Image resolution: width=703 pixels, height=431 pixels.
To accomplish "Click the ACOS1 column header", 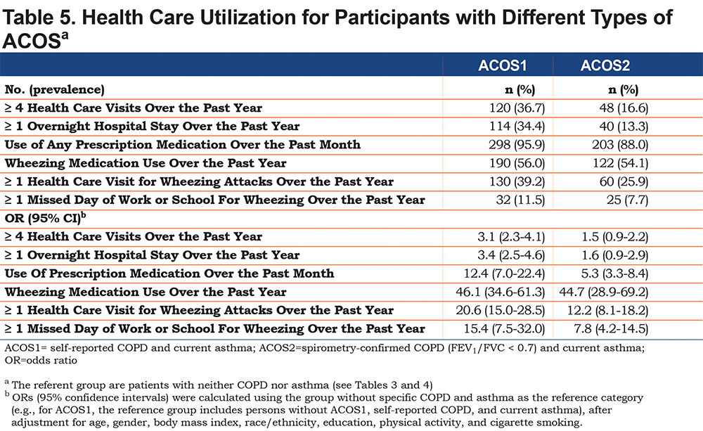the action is pyautogui.click(x=502, y=65).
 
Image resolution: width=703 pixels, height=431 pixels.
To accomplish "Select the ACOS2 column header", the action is pyautogui.click(x=605, y=65).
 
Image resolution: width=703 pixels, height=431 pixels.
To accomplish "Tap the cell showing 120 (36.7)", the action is pyautogui.click(x=517, y=108).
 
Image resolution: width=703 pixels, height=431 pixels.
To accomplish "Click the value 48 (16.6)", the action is pyautogui.click(x=624, y=108).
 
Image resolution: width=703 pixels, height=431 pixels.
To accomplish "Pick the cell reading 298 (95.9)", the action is pyautogui.click(x=517, y=145).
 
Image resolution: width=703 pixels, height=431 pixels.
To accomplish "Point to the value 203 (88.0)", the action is pyautogui.click(x=620, y=145).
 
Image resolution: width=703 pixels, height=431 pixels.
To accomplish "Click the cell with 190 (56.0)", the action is pyautogui.click(x=517, y=163).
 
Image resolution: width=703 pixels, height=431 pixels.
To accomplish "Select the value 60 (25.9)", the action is pyautogui.click(x=624, y=181).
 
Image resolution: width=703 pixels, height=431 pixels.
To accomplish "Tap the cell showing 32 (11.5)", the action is pyautogui.click(x=520, y=200).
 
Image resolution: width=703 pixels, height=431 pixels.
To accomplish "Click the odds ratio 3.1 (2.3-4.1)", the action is pyautogui.click(x=511, y=237).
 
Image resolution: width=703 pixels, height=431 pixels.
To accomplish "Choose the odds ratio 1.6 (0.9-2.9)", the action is pyautogui.click(x=615, y=255).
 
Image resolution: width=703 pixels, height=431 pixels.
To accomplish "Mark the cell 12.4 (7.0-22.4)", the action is pyautogui.click(x=504, y=274).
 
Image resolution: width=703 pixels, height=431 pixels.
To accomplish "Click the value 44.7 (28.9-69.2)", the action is pyautogui.click(x=603, y=292).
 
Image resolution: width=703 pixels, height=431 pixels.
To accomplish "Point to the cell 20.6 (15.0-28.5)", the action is pyautogui.click(x=501, y=310).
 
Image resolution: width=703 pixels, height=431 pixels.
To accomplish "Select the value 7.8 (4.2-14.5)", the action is pyautogui.click(x=611, y=329).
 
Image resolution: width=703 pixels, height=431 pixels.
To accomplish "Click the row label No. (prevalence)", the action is pyautogui.click(x=55, y=90).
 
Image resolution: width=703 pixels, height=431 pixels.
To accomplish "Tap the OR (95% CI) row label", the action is pyautogui.click(x=45, y=218).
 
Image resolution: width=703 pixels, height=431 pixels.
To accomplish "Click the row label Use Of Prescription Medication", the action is pyautogui.click(x=169, y=274).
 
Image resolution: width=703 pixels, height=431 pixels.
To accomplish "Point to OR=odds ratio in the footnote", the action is pyautogui.click(x=41, y=361).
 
